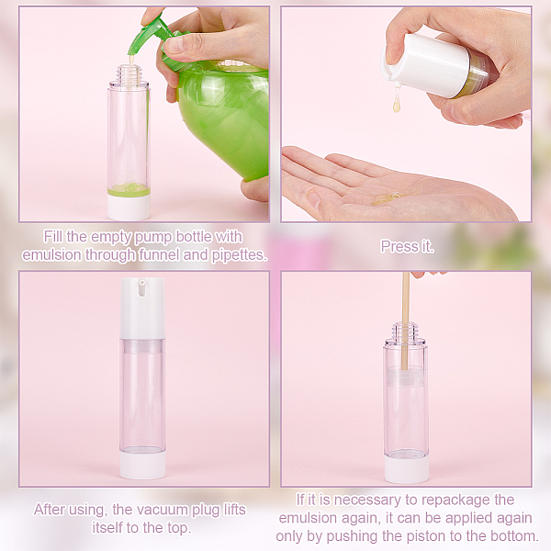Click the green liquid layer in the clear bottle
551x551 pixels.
click(x=129, y=190)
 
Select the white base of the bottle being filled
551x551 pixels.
click(x=129, y=208)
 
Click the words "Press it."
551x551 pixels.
click(x=407, y=246)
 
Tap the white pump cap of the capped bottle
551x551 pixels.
click(x=142, y=309)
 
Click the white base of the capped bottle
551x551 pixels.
click(x=142, y=465)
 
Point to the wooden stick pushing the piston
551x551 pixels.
click(x=406, y=320)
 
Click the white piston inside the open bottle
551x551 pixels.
click(x=407, y=377)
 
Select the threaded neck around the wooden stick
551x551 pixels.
click(x=406, y=332)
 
